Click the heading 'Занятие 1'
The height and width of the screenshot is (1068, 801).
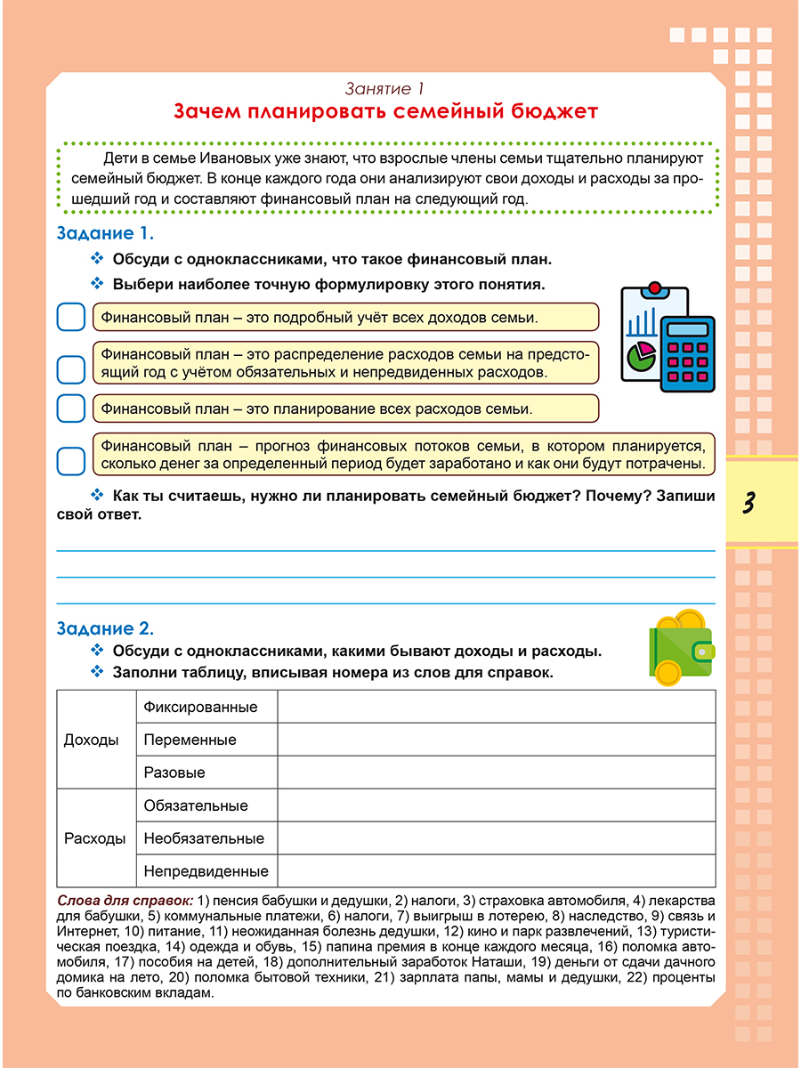(x=384, y=89)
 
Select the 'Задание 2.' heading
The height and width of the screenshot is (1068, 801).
(x=105, y=627)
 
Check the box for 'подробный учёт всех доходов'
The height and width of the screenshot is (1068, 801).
(x=69, y=317)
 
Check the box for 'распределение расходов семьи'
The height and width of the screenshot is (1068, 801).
(x=69, y=368)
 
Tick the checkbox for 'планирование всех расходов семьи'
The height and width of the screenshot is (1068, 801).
(x=69, y=409)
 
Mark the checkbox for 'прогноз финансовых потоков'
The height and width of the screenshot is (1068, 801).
(x=69, y=460)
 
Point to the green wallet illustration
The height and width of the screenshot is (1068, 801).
(x=681, y=650)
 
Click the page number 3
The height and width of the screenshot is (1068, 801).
(x=748, y=503)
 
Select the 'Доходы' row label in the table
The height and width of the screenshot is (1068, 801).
(x=91, y=740)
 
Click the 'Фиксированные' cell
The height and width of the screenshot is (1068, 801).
(x=200, y=707)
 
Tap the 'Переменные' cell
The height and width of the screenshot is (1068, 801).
(x=190, y=740)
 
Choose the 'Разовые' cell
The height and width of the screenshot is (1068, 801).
(x=174, y=773)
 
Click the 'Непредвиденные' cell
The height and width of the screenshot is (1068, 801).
(x=206, y=871)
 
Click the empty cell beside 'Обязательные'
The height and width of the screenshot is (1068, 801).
(x=496, y=805)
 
